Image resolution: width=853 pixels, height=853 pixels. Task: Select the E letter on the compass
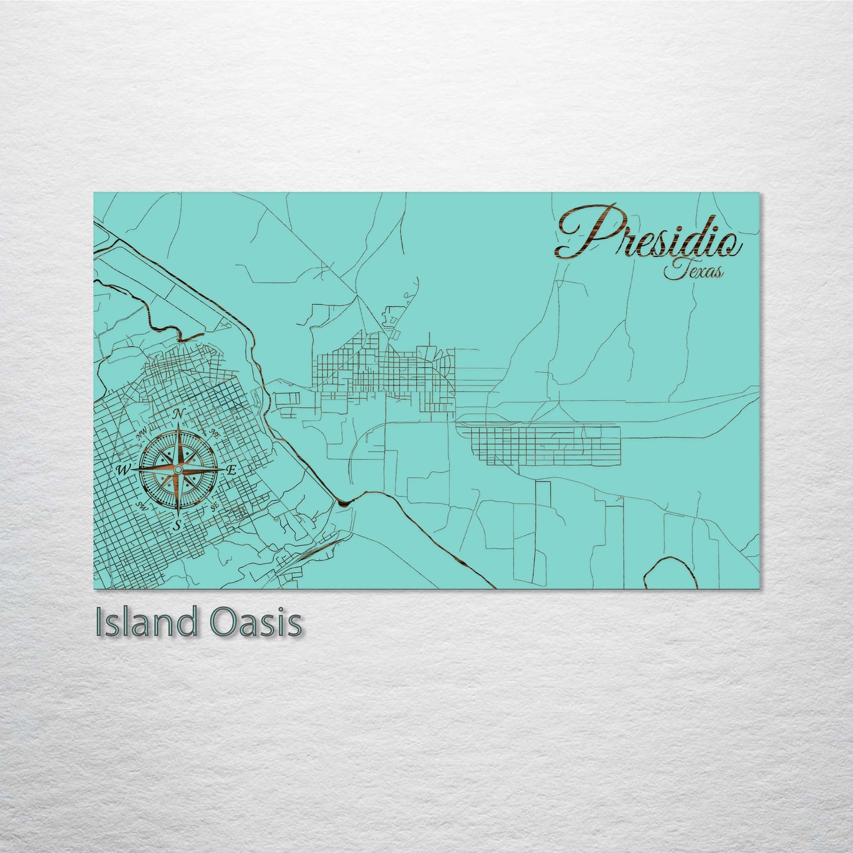(232, 470)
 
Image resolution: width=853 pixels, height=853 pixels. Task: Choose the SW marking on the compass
(141, 505)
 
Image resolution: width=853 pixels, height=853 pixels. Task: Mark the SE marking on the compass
(214, 507)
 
